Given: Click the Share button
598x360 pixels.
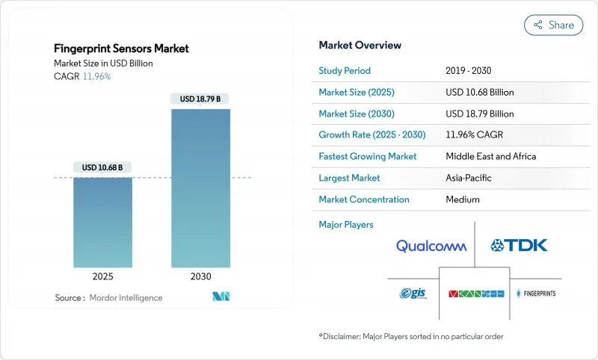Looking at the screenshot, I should tap(553, 25).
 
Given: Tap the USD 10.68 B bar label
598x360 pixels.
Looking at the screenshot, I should tap(103, 167).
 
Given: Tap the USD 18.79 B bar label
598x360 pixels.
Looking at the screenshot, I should tap(200, 99).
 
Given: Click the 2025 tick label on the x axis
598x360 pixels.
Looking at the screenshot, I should tap(102, 276).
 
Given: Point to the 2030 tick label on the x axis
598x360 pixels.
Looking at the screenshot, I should tap(200, 276).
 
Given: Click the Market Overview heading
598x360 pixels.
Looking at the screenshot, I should tap(360, 45).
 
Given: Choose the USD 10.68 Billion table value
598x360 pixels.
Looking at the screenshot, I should tap(479, 93).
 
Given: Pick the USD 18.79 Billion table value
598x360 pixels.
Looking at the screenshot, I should tap(479, 114).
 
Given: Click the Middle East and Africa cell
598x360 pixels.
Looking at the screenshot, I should tap(491, 157).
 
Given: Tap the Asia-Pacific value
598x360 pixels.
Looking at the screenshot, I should tap(469, 178).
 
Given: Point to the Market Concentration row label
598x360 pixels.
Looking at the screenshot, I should tap(364, 199).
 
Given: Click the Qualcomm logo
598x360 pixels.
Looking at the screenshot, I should tap(431, 246).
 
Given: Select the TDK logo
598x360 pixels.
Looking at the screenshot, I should tap(519, 245).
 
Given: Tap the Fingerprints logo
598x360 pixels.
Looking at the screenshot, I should tap(537, 294).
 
